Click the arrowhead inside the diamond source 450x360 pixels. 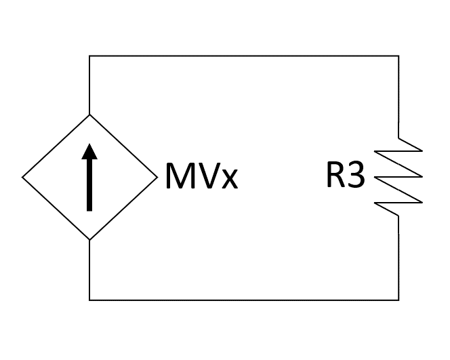click(89, 155)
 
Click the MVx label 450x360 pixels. click(201, 178)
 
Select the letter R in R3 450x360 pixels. click(335, 176)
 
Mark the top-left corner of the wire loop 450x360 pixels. click(89, 56)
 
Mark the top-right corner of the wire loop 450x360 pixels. click(398, 56)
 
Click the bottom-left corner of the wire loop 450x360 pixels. click(89, 300)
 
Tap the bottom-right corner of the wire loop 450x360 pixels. click(398, 300)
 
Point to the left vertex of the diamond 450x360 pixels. click(23, 178)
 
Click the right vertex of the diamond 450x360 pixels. click(155, 178)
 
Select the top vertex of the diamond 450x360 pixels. click(89, 115)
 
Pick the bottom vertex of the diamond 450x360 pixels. click(89, 240)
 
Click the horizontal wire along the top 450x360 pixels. click(244, 56)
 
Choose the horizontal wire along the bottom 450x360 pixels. click(244, 300)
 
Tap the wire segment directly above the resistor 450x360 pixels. click(398, 95)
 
